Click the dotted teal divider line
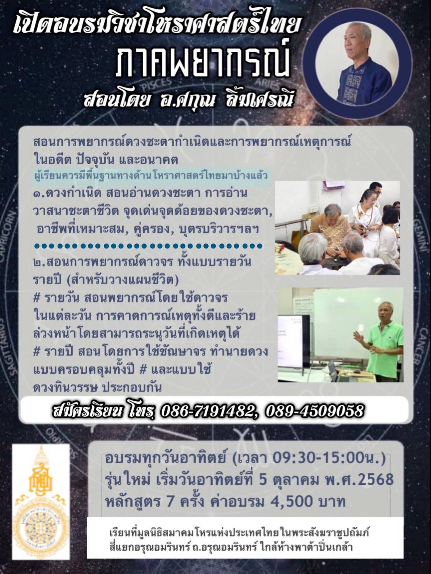[148, 246]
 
